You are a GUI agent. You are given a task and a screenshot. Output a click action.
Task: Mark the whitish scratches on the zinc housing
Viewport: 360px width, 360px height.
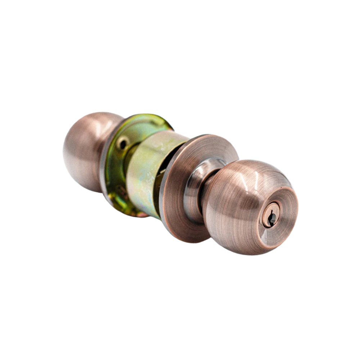[x=158, y=151]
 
